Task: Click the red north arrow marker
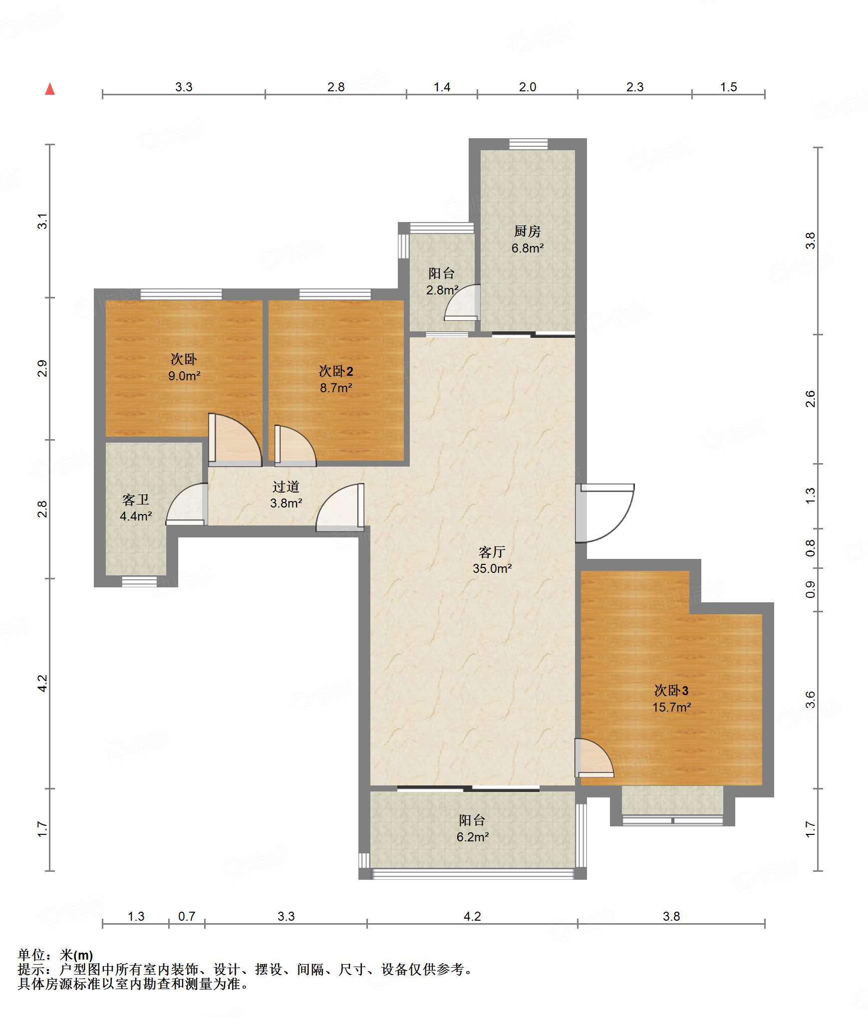point(50,89)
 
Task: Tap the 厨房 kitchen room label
point(527,231)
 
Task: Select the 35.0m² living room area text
point(492,568)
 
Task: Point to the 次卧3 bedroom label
point(671,690)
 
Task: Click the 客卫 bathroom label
point(136,500)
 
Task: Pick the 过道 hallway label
point(286,487)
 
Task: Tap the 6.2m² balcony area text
point(473,837)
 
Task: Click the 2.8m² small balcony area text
point(442,290)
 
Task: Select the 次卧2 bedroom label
point(336,371)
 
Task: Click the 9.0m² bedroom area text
point(184,376)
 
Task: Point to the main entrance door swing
point(605,513)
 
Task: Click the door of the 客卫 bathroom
point(187,504)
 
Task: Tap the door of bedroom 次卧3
point(594,758)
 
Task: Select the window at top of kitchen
point(529,144)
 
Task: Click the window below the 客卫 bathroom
point(140,581)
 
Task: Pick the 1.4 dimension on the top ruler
point(442,87)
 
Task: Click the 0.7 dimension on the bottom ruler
point(187,916)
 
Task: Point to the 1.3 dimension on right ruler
point(810,496)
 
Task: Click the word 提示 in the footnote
point(31,969)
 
